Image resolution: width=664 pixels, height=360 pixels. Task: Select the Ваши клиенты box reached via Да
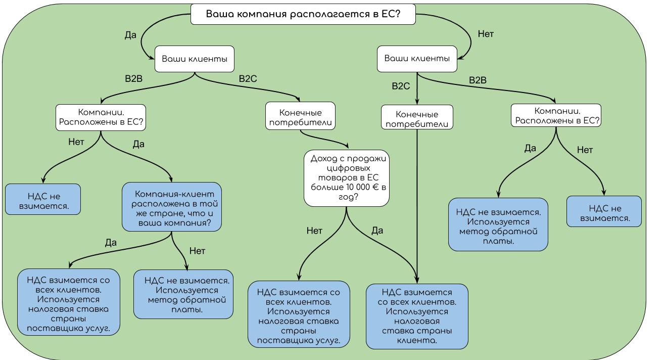click(x=195, y=60)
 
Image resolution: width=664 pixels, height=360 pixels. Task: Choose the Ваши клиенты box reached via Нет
click(x=417, y=59)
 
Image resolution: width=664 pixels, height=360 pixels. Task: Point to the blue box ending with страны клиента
click(x=417, y=316)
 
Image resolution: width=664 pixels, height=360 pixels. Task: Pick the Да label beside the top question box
click(x=130, y=35)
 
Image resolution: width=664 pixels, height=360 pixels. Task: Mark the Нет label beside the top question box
click(x=486, y=34)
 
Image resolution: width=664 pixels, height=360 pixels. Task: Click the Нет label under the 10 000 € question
click(x=314, y=231)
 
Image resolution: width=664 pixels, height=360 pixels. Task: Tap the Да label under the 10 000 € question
click(x=377, y=231)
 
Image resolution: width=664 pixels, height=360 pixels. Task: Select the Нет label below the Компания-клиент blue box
click(x=197, y=251)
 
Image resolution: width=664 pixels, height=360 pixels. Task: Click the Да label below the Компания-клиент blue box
click(x=111, y=243)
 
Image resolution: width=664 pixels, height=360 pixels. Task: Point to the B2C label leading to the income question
click(x=248, y=79)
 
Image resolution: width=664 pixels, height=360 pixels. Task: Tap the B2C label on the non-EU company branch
click(x=401, y=86)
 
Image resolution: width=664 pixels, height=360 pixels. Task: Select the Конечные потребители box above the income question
click(x=300, y=117)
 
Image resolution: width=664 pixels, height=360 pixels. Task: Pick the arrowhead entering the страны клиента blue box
click(x=417, y=280)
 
